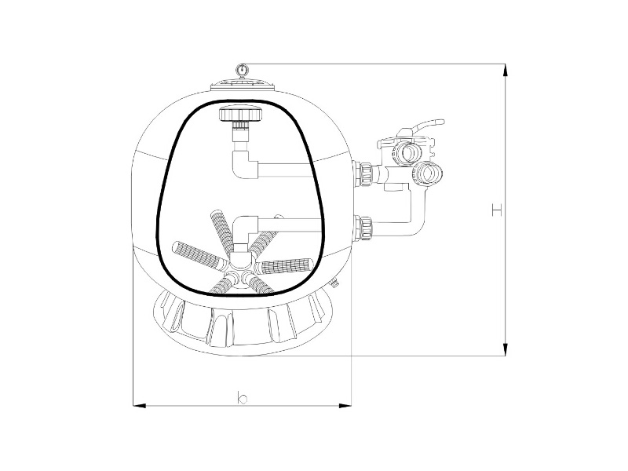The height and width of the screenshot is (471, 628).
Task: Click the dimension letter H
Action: [x=497, y=210]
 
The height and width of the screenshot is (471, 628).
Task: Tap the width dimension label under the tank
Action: [x=243, y=398]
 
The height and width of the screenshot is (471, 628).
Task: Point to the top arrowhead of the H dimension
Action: [x=506, y=70]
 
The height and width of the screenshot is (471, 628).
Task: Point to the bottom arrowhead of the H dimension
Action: [x=506, y=349]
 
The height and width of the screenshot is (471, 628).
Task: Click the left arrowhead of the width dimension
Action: [x=139, y=406]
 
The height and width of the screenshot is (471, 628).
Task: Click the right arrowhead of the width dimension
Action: [x=345, y=406]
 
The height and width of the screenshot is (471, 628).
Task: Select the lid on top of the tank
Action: [x=243, y=85]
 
